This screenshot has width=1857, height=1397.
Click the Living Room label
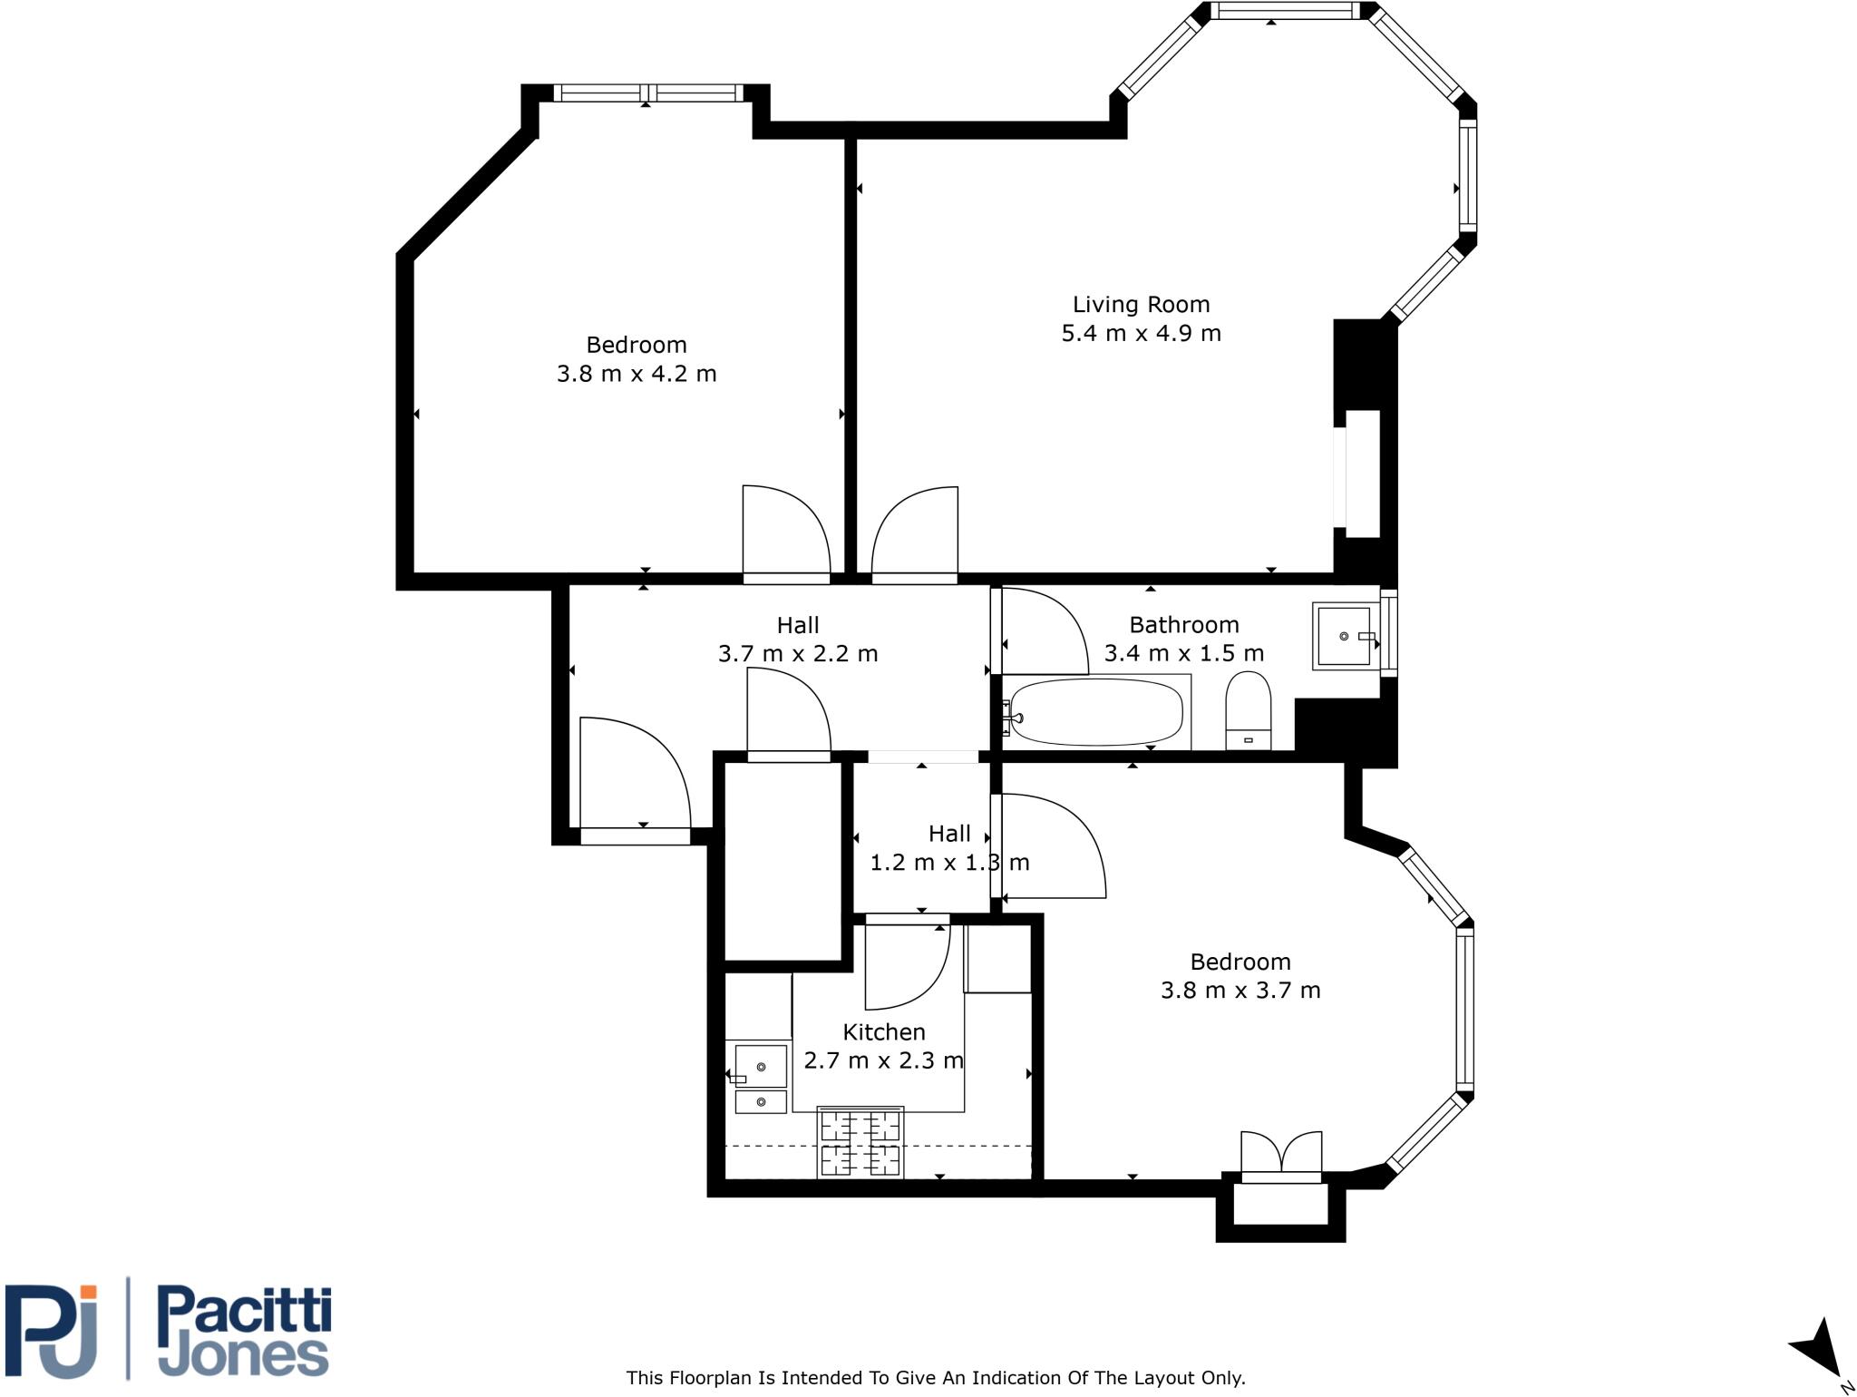coord(1141,305)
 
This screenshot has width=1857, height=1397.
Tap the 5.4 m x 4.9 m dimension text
coord(1141,334)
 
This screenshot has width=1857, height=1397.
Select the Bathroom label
coord(1183,625)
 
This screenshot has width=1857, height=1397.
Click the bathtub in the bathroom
coord(1096,712)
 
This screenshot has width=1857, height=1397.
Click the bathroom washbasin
coord(1343,636)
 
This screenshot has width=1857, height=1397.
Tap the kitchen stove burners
coord(860,1142)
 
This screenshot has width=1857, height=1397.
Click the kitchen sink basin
coord(760,1067)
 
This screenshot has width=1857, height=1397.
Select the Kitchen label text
coord(884,1032)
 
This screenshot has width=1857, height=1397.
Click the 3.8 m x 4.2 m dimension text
coord(637,374)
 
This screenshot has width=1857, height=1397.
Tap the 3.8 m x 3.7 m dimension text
coord(1240,991)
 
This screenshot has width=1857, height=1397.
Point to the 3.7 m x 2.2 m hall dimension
coord(798,654)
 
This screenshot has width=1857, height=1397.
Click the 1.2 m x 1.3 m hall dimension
coord(949,863)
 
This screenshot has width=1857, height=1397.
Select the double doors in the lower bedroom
coord(1280,1157)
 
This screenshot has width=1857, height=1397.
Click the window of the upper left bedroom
coord(647,93)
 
